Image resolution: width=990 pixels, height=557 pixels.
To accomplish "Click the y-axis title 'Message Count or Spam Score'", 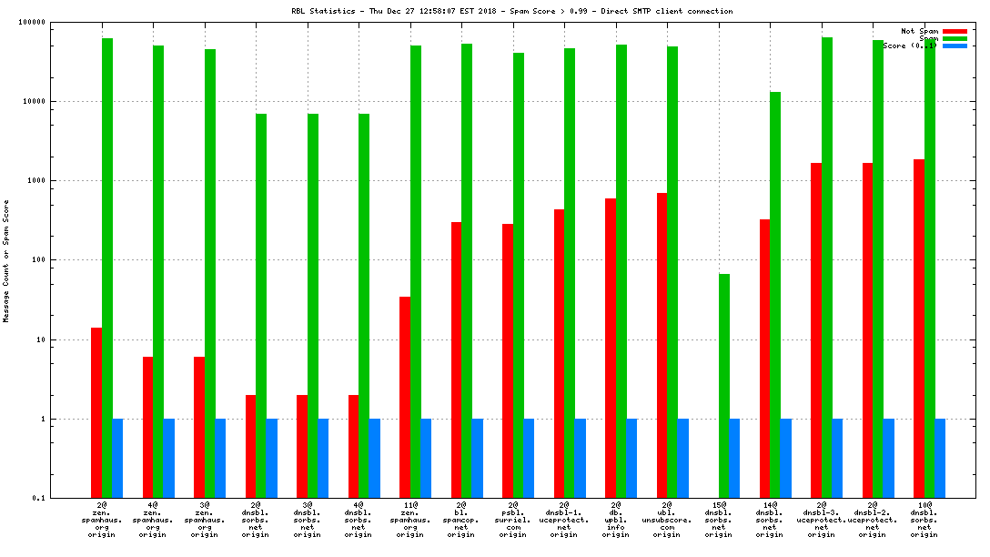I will (6, 261).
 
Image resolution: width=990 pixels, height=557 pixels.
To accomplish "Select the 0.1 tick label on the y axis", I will (38, 499).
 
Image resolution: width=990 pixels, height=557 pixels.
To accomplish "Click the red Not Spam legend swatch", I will (955, 31).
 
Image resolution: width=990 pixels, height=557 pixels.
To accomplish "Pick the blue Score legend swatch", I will (955, 46).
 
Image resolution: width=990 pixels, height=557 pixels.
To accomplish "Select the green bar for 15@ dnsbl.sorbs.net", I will (724, 386).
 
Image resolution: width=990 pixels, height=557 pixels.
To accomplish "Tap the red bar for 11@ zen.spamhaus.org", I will (405, 397).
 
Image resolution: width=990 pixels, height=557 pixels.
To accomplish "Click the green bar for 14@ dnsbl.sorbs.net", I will (775, 295).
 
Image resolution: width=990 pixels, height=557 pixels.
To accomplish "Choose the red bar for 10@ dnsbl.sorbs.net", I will (919, 329).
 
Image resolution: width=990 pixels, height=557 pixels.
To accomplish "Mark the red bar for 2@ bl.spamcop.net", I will (457, 360).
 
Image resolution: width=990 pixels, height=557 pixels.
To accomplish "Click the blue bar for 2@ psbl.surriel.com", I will (529, 459).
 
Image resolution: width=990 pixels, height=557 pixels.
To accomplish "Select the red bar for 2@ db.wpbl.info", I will (611, 348).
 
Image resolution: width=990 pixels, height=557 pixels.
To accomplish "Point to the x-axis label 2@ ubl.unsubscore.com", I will (667, 519).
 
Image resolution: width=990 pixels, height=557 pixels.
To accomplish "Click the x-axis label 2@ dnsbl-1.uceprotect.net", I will (564, 519).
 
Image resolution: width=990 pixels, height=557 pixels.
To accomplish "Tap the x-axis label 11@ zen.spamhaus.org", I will (409, 519).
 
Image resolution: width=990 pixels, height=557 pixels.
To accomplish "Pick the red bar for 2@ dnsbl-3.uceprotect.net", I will (816, 330).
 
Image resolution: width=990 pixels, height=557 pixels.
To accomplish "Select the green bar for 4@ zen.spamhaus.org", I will (158, 271).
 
